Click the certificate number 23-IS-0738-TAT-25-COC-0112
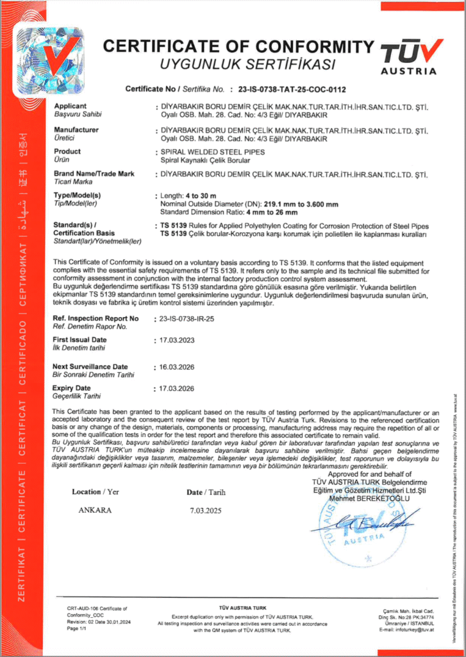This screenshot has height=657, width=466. [292, 90]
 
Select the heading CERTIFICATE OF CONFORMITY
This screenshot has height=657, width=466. [238, 47]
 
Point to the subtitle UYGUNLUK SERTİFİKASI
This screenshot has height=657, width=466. [248, 64]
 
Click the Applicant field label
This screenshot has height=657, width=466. [71, 106]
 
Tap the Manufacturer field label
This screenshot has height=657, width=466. [76, 129]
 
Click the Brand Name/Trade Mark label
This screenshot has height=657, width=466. [94, 174]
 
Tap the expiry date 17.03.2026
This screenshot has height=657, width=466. [177, 389]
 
